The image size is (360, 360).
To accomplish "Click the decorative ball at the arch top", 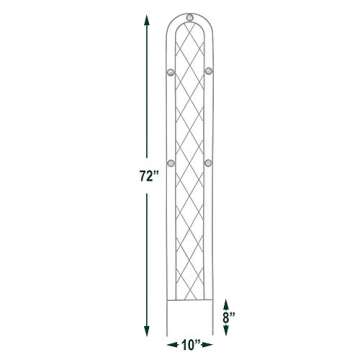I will [189, 19].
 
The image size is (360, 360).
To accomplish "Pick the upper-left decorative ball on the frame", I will [168, 70].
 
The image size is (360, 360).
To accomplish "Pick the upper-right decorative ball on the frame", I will [208, 70].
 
